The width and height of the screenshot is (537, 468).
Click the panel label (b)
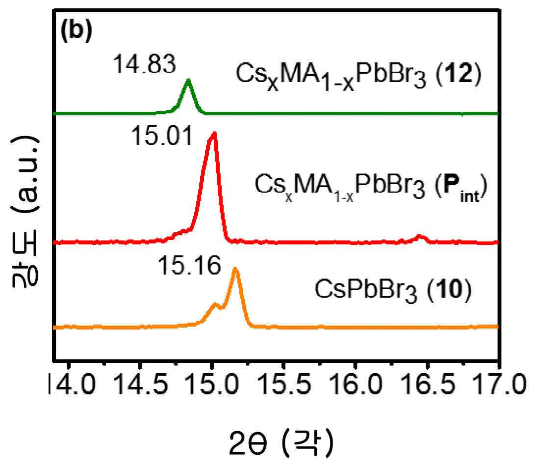[x=77, y=31]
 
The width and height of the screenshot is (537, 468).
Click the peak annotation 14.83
[x=144, y=64]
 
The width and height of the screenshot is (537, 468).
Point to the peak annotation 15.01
[x=162, y=136]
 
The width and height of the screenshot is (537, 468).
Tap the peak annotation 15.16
[x=189, y=266]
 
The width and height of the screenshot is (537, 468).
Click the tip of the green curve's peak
[x=188, y=80]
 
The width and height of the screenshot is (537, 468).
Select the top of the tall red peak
[x=214, y=133]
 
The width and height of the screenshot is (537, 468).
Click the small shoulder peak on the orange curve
[x=215, y=304]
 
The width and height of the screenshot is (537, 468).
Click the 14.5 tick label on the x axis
[x=140, y=384]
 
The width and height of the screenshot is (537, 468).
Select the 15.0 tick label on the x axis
[x=212, y=384]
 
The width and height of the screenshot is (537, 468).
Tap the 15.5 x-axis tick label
[x=284, y=384]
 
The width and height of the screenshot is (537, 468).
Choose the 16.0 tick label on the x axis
[x=356, y=384]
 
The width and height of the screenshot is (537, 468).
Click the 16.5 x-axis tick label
[x=429, y=384]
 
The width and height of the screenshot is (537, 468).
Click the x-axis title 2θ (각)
[x=281, y=444]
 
